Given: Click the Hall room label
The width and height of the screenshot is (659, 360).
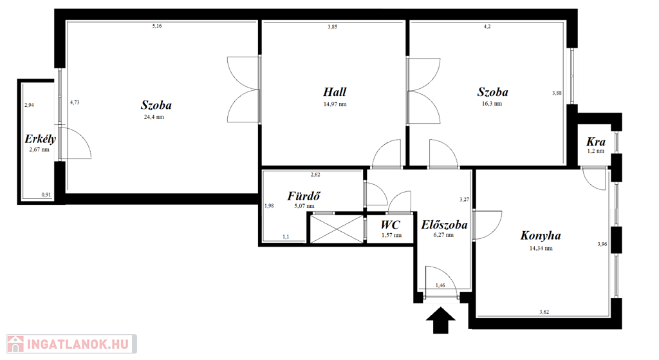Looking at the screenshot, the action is click(x=335, y=92).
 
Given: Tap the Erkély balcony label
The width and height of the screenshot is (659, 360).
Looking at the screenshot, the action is click(x=40, y=139).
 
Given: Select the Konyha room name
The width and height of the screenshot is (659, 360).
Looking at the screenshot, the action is click(x=541, y=236).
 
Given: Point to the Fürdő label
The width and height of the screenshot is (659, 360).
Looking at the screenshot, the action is click(x=304, y=196).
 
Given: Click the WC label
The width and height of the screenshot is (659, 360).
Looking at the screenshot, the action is click(x=391, y=225).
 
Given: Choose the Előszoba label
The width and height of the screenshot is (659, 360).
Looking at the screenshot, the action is click(x=444, y=225).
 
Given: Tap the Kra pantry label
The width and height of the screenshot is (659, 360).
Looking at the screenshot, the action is click(x=596, y=142).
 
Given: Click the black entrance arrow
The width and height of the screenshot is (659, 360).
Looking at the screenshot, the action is click(x=440, y=321).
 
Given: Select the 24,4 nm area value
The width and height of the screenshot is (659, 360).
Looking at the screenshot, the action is click(x=154, y=117).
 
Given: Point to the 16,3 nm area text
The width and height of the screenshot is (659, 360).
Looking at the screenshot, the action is click(x=492, y=104).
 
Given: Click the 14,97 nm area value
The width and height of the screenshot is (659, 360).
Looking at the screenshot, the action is click(x=335, y=104).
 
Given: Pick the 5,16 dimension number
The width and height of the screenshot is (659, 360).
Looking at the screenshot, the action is click(x=157, y=26).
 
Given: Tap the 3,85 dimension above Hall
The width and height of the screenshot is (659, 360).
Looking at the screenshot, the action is click(x=333, y=27).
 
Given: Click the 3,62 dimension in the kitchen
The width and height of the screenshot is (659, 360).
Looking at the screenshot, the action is click(x=544, y=312).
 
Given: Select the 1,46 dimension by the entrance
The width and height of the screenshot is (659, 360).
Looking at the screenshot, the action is click(x=440, y=285).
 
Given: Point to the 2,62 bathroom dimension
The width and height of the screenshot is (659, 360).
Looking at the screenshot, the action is click(x=315, y=175).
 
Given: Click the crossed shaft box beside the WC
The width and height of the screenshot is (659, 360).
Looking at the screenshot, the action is click(x=336, y=229).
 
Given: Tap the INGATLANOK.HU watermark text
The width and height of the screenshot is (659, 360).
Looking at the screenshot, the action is click(x=78, y=345).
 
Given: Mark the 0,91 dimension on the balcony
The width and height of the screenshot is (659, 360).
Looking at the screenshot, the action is click(x=46, y=194).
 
